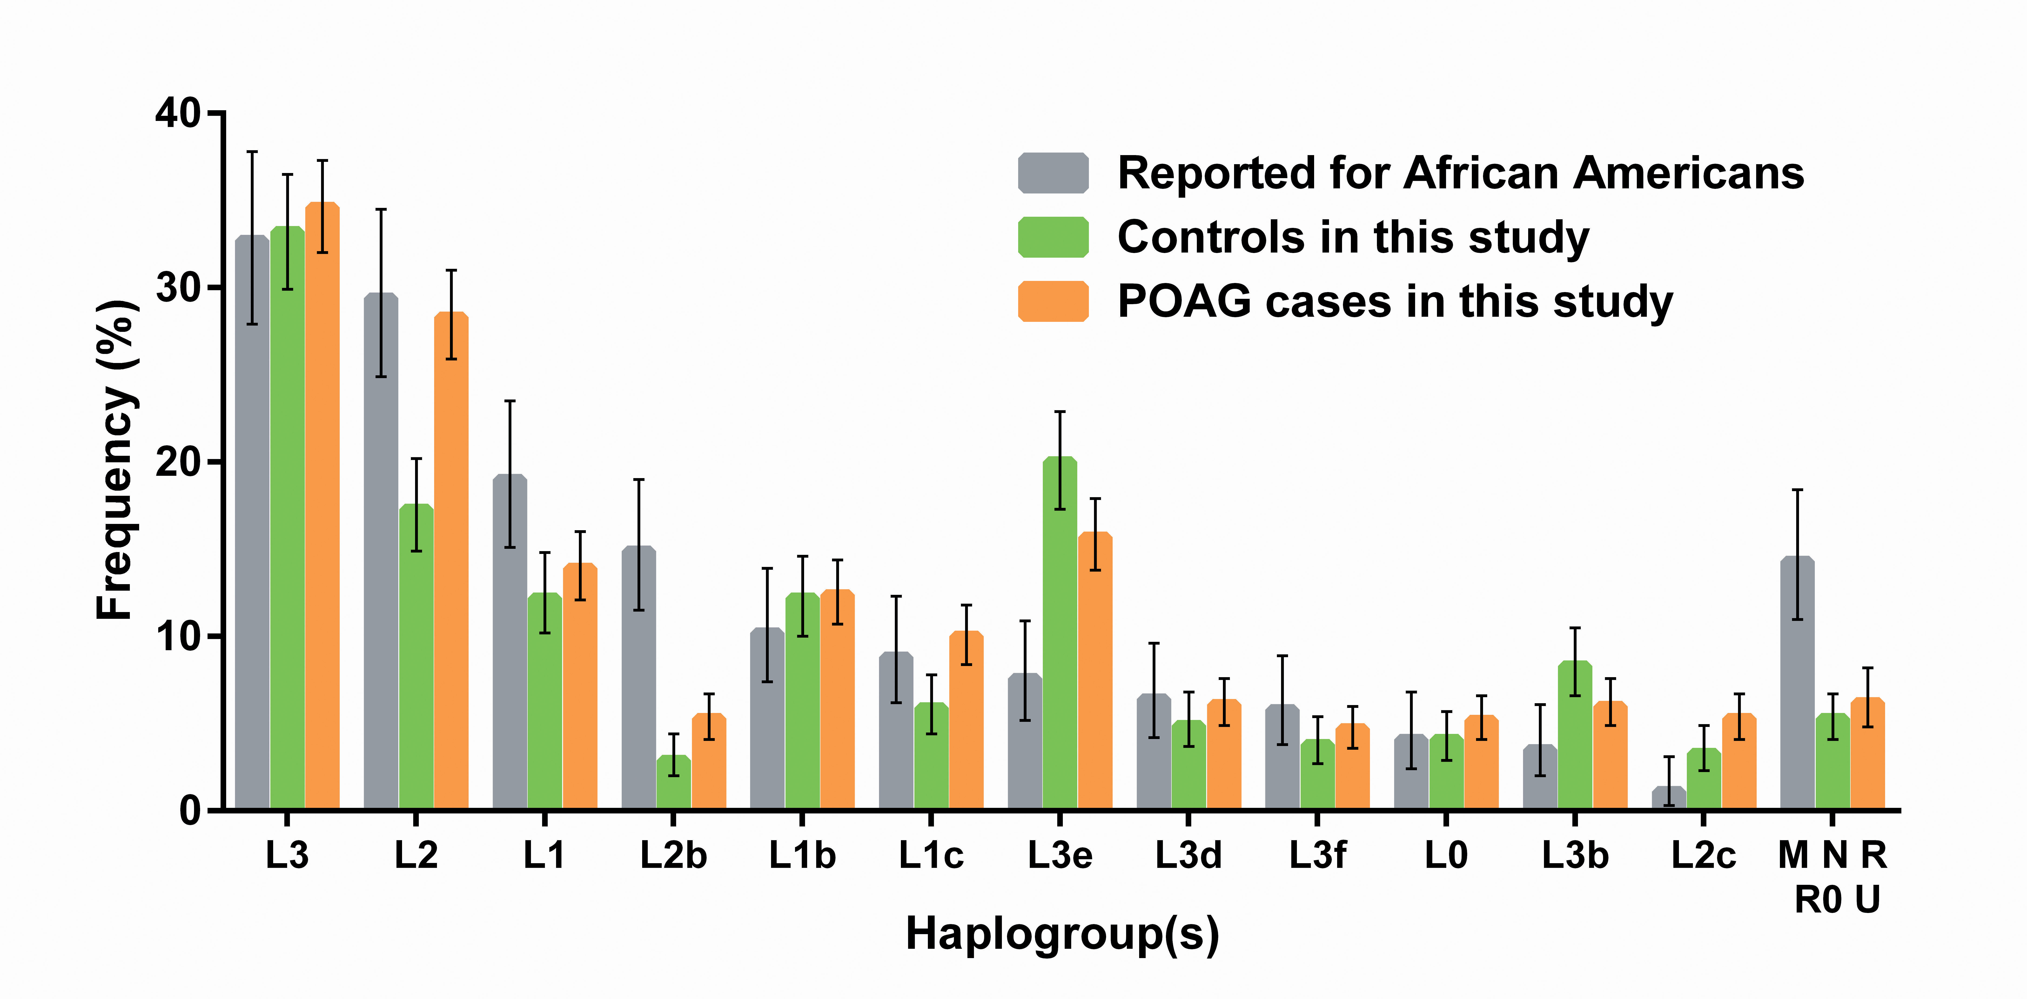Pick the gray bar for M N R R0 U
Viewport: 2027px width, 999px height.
tap(1797, 692)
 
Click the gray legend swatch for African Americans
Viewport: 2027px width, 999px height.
tap(1053, 173)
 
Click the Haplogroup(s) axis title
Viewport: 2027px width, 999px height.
tap(1062, 935)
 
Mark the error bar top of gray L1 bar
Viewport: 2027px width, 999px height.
tap(510, 401)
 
